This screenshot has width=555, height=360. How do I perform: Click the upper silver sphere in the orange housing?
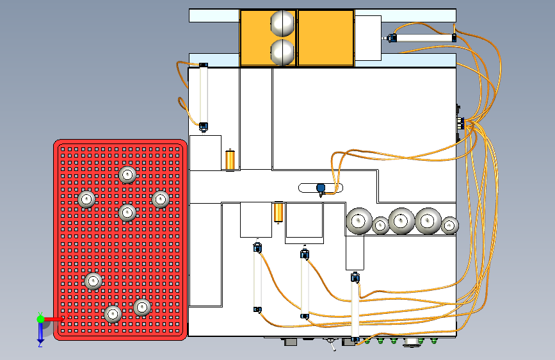[x=283, y=23]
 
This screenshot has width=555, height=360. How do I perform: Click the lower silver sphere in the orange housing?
[x=283, y=52]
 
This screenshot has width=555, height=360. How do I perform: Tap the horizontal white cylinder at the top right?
[x=423, y=38]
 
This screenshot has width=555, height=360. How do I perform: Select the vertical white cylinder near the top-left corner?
[x=204, y=95]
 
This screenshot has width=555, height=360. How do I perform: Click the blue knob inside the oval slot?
[x=321, y=188]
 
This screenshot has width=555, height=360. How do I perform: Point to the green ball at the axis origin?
[x=40, y=318]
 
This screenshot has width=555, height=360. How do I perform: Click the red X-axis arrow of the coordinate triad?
[x=54, y=318]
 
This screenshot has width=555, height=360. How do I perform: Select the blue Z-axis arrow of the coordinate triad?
[x=40, y=332]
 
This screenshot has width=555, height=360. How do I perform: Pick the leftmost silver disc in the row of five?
[x=359, y=220]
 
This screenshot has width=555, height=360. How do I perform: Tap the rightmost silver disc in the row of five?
[x=450, y=225]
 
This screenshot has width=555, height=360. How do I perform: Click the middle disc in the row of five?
[x=401, y=221]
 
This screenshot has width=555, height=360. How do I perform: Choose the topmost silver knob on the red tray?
[x=127, y=174]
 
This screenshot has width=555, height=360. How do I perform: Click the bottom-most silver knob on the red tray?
[x=113, y=314]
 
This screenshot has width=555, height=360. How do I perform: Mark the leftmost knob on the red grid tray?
[x=86, y=199]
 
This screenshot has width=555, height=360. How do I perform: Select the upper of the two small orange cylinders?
[x=230, y=160]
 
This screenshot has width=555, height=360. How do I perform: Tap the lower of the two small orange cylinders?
[x=278, y=212]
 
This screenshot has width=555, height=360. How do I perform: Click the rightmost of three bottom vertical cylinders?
[x=355, y=307]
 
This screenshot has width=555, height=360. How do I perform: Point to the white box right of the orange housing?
[x=367, y=38]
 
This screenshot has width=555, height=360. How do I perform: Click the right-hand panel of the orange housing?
[x=326, y=37]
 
